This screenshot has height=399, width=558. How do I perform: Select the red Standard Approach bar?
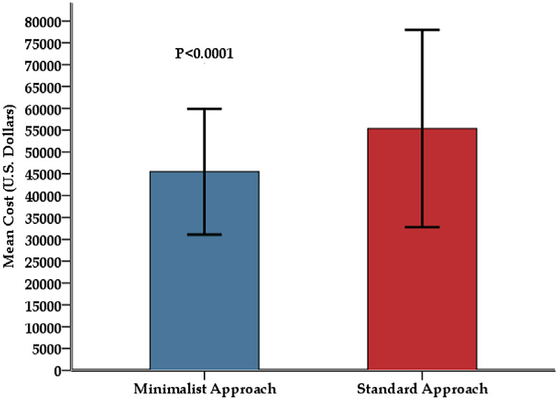coord(422,279)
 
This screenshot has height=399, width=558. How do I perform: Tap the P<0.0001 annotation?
coord(204,53)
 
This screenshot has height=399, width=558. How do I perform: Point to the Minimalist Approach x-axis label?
coord(204,387)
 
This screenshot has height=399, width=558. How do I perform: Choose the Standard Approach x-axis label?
coord(421,387)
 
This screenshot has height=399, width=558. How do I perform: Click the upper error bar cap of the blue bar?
coord(204,109)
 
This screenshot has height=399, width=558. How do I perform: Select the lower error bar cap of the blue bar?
coord(204,234)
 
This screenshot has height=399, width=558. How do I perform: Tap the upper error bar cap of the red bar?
coord(422,30)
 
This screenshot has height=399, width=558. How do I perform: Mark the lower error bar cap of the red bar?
coord(422,227)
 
